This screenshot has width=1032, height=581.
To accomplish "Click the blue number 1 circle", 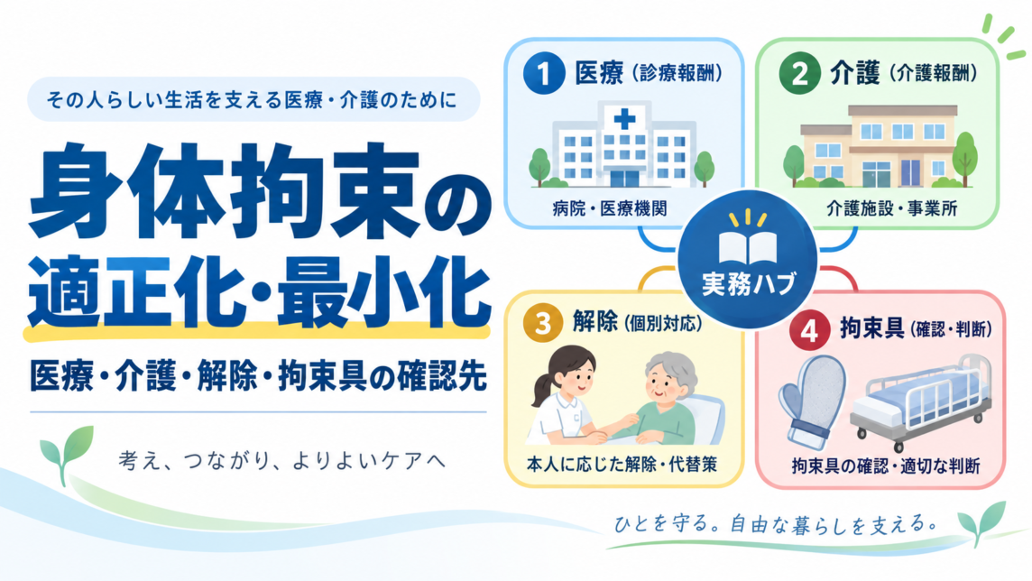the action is (544, 72).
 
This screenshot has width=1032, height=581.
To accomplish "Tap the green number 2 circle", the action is (799, 72).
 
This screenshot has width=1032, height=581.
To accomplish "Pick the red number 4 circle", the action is (809, 330).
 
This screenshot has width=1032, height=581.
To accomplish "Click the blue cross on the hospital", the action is (624, 119).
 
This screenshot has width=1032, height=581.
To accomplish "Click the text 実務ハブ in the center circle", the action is (749, 283).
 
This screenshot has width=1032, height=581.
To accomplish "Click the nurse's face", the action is (571, 378).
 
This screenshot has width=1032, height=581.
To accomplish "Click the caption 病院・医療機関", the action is (610, 208).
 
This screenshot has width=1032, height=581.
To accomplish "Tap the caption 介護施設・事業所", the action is (892, 208).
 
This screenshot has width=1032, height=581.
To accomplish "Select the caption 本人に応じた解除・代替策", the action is (622, 465).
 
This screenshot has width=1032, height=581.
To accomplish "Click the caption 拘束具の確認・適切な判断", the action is (885, 466).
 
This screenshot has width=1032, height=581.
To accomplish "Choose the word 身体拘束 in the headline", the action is (224, 191).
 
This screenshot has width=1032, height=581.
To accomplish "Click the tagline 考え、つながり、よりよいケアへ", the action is (282, 459).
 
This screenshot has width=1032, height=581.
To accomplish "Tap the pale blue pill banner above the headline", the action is (253, 99).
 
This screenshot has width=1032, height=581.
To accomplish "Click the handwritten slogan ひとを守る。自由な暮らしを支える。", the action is (776, 524).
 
